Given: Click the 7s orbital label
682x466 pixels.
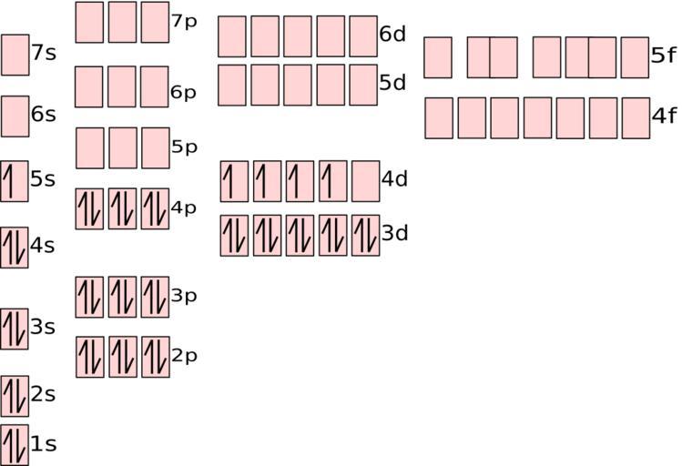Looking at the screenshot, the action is point(44,53).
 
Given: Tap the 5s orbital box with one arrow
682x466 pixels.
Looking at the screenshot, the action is point(15,181).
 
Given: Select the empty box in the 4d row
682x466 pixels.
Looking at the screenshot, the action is point(365,181).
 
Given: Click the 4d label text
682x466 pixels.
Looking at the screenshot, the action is point(394,178).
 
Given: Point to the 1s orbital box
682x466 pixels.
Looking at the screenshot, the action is point(15,445).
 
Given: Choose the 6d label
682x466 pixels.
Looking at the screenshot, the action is point(392,34).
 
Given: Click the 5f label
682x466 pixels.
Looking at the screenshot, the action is point(664,56).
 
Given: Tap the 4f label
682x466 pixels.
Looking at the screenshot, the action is point(664,116).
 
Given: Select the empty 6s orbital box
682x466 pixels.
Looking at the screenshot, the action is point(15,116).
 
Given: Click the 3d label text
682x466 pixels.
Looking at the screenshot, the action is point(395,233).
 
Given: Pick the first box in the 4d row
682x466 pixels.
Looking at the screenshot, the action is point(234,181).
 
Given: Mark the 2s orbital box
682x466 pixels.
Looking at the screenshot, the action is point(15,397).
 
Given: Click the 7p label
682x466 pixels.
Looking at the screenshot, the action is point(185,22).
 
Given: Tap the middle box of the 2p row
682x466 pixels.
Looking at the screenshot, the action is point(123,357).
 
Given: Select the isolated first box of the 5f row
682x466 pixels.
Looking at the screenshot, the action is point(438,57).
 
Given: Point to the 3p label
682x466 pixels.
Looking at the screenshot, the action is point(184,296).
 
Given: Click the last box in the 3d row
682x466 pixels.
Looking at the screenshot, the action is point(365,236).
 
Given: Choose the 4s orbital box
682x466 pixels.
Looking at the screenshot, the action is point(15,248).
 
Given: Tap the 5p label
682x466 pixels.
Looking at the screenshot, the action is point(185,147).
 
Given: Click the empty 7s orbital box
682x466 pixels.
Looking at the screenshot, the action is point(15,55).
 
